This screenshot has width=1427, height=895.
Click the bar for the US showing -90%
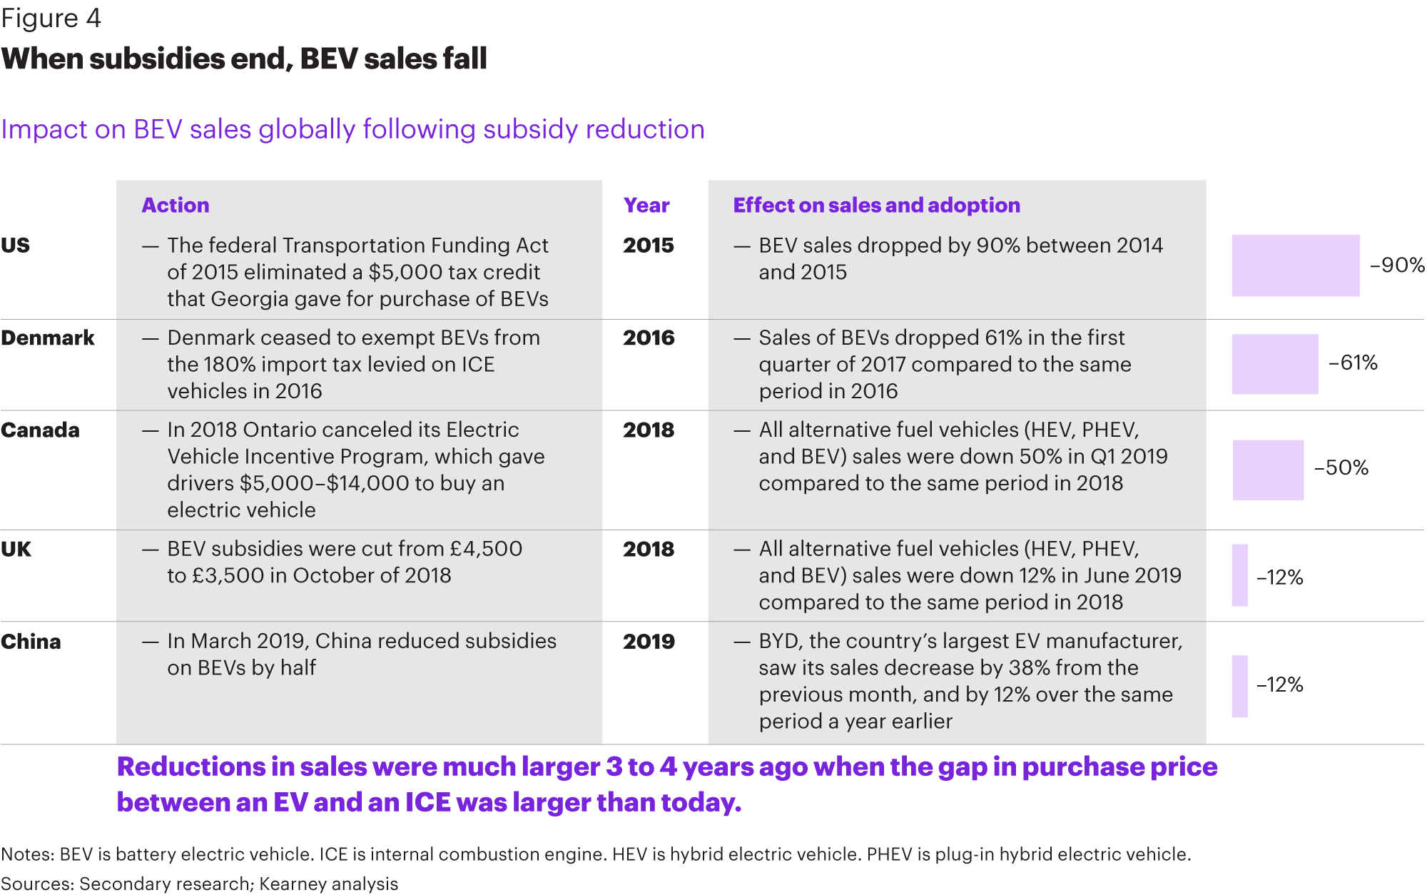pyautogui.click(x=1296, y=266)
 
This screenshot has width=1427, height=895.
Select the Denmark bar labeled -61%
pyautogui.click(x=1275, y=364)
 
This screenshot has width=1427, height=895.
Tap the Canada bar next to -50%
pyautogui.click(x=1268, y=470)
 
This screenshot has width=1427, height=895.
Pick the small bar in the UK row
pyautogui.click(x=1240, y=575)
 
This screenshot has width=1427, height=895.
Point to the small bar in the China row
pyautogui.click(x=1240, y=686)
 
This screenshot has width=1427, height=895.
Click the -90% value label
pyautogui.click(x=1397, y=266)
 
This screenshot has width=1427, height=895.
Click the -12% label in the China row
pyautogui.click(x=1280, y=685)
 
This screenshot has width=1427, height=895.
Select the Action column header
pyautogui.click(x=176, y=206)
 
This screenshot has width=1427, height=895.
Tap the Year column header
pyautogui.click(x=646, y=206)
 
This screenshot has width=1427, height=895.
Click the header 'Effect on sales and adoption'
pyautogui.click(x=877, y=206)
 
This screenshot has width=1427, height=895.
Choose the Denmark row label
pyautogui.click(x=48, y=338)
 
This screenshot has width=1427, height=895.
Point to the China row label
pyautogui.click(x=31, y=642)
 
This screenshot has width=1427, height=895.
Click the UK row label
pyautogui.click(x=16, y=550)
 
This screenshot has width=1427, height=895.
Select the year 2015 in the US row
pyautogui.click(x=649, y=246)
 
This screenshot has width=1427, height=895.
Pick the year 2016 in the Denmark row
pyautogui.click(x=649, y=338)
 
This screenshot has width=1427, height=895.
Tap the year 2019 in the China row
pyautogui.click(x=649, y=642)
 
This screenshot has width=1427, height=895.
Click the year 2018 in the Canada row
pyautogui.click(x=649, y=430)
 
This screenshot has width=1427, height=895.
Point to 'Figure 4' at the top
pyautogui.click(x=51, y=18)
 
